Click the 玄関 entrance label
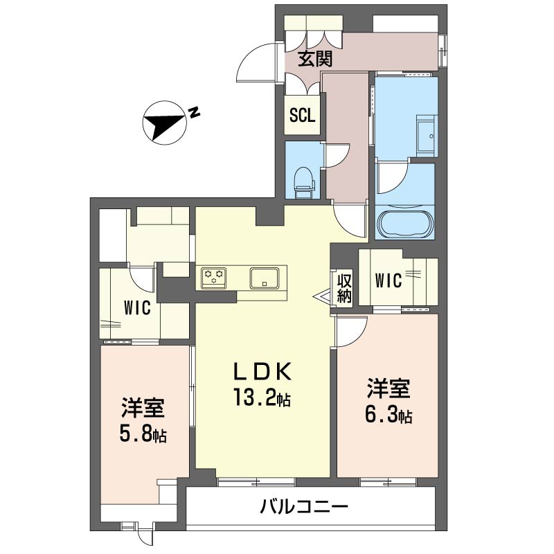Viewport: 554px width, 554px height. [x=315, y=59]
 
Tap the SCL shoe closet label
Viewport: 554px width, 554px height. [x=302, y=115]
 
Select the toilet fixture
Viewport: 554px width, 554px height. [x=304, y=183]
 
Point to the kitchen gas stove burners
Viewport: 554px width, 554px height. [x=214, y=276]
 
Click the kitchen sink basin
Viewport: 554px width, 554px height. [x=265, y=278]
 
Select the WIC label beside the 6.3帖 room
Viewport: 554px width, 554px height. [x=388, y=280]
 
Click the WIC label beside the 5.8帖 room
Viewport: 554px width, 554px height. [x=137, y=307]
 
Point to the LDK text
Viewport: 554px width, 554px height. [x=262, y=371]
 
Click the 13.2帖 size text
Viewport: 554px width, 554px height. [x=262, y=397]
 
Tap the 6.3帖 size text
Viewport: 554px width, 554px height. [x=388, y=415]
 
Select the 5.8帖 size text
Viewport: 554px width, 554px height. [x=143, y=434]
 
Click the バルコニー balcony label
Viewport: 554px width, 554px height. [x=304, y=507]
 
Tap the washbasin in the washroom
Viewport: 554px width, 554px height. [x=427, y=136]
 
